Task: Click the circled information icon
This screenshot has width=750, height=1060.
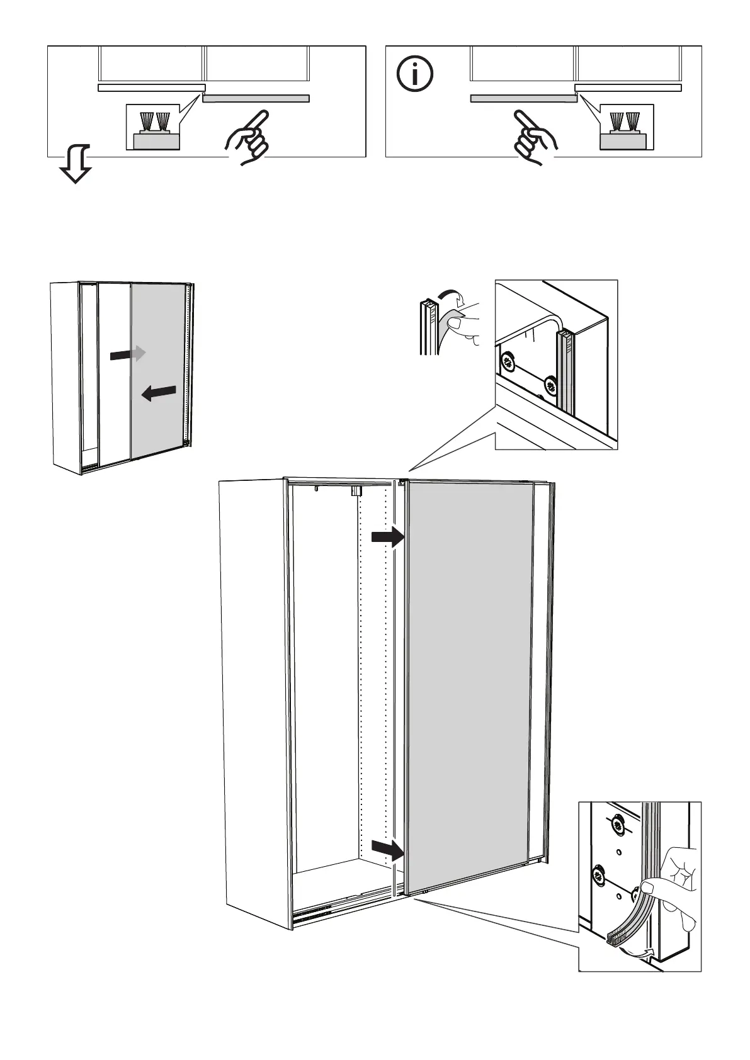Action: pyautogui.click(x=415, y=74)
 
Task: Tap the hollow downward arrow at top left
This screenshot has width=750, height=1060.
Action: pyautogui.click(x=74, y=163)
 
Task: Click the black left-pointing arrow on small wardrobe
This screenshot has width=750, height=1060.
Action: pyautogui.click(x=158, y=393)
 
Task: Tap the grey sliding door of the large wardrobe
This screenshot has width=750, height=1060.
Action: pyautogui.click(x=469, y=680)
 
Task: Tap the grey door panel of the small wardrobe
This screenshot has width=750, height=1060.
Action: pyautogui.click(x=158, y=371)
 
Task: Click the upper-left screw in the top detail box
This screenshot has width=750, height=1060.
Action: pyautogui.click(x=508, y=362)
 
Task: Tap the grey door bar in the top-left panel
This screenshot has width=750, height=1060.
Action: pyautogui.click(x=256, y=98)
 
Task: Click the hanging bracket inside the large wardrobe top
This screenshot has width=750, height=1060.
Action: pyautogui.click(x=356, y=490)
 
